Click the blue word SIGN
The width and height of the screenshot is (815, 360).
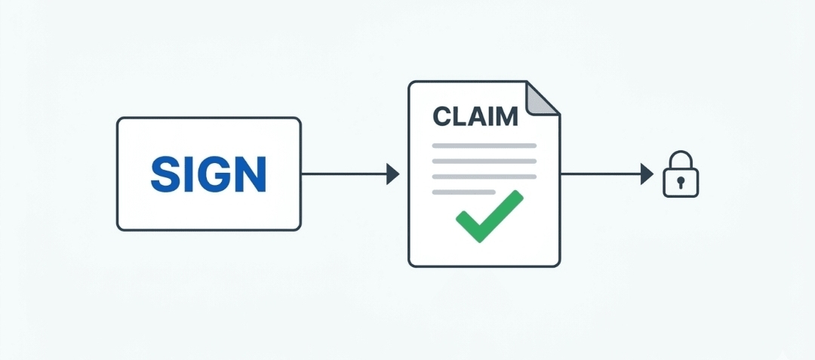pos(208,174)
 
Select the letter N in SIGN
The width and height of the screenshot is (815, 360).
pos(251,174)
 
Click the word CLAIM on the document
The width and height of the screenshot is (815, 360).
pos(475,116)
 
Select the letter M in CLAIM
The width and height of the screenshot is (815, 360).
pos(507,116)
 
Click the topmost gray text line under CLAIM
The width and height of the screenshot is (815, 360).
pos(484,145)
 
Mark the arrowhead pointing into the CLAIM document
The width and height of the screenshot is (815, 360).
pos(392,174)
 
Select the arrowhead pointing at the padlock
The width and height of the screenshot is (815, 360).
pos(647,174)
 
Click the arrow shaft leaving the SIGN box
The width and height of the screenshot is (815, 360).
pos(343,174)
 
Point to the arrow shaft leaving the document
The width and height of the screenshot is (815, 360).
pos(601,174)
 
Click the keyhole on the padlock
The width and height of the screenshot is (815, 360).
pos(681,183)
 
